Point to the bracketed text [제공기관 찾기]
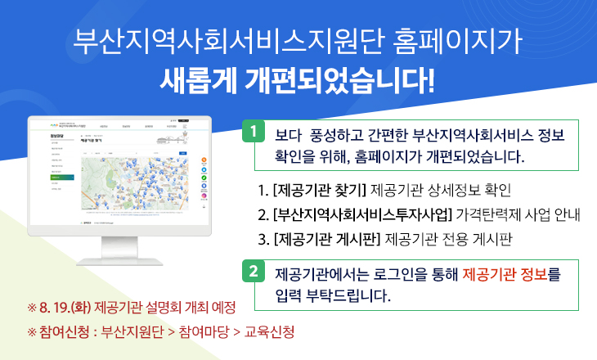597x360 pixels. [x=319, y=191]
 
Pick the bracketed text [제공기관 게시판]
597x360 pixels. [x=326, y=240]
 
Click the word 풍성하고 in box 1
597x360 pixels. [x=327, y=134]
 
